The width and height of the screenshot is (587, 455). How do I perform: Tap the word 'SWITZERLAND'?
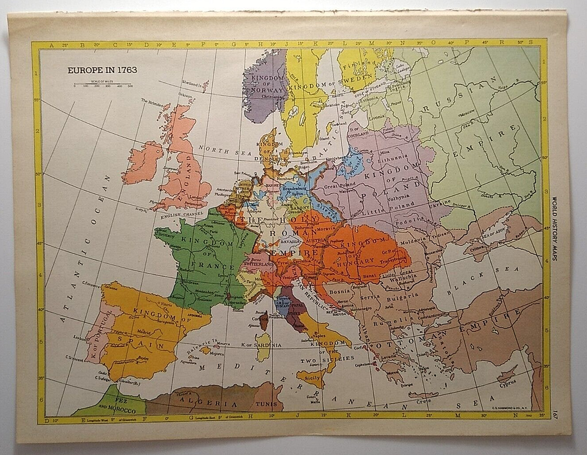(x=257, y=264)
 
